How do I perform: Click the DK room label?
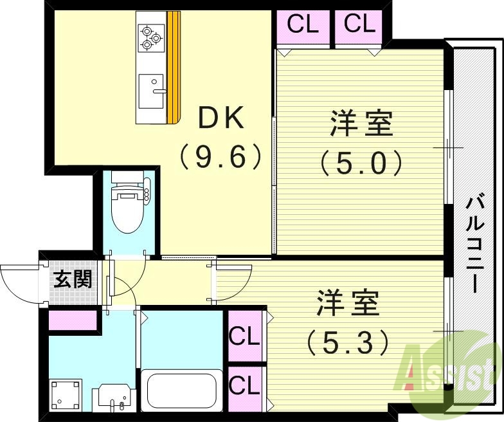tap(220, 118)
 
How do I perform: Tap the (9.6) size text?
tap(221, 156)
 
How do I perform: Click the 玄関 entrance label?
tap(71, 279)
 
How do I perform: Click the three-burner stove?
tap(151, 37)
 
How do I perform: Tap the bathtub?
tap(181, 390)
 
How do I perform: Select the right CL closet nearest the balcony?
tap(359, 26)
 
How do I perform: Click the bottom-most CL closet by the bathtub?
tap(244, 386)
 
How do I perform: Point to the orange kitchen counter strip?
tap(174, 68)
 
